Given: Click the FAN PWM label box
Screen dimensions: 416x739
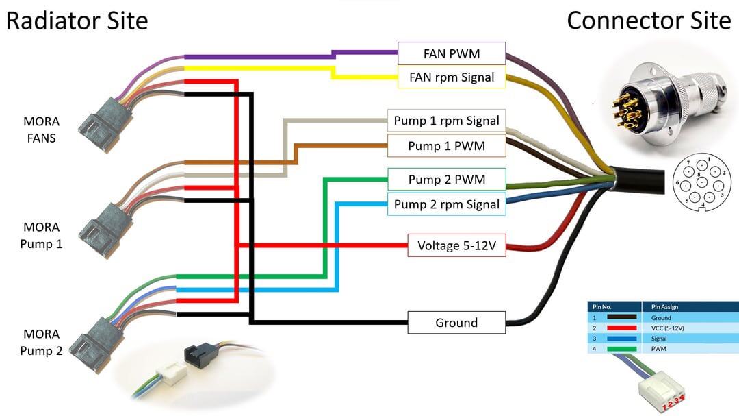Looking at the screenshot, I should (x=452, y=53).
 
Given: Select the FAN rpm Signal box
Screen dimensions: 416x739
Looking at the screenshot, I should (x=452, y=77).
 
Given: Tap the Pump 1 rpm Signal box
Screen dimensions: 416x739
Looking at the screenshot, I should (x=446, y=121).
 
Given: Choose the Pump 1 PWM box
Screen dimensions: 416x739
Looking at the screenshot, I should (x=446, y=146).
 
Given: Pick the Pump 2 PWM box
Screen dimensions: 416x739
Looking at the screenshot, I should (x=446, y=180).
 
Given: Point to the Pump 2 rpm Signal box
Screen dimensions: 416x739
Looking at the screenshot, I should (x=446, y=204).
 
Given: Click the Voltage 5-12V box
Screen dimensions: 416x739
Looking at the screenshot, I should (x=456, y=245).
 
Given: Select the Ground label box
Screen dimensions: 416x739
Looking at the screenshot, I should (x=456, y=323).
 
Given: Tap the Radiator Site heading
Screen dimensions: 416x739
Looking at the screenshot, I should (x=77, y=21).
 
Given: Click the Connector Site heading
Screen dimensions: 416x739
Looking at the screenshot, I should (x=649, y=21).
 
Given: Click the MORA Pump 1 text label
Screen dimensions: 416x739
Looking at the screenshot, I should (x=42, y=235).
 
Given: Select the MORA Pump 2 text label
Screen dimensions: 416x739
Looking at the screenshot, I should (x=42, y=343).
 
